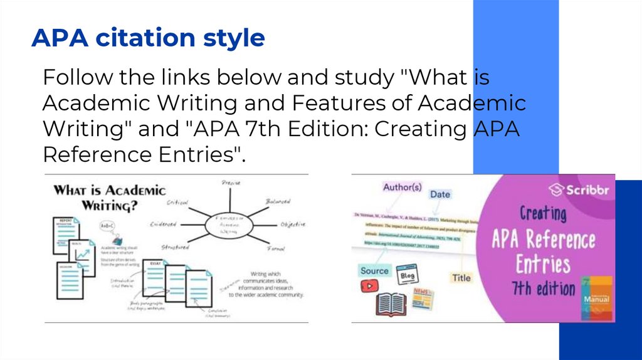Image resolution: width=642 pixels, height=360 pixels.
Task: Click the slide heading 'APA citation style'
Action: tap(148, 38)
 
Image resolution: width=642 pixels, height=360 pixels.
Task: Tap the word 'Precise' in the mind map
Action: tap(231, 183)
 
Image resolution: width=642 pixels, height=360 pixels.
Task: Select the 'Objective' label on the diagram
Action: tap(292, 224)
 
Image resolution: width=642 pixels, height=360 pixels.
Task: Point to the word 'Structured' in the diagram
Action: tap(174, 247)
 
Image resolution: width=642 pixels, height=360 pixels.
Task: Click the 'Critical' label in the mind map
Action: tap(178, 203)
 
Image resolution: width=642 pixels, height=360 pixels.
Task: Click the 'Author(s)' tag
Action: tap(403, 187)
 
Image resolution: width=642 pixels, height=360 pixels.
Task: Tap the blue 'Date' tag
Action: tap(440, 194)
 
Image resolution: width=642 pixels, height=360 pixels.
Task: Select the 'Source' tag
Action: tap(374, 271)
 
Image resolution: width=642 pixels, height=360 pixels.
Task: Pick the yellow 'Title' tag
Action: tap(461, 278)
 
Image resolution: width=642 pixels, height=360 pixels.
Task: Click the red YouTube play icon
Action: tap(369, 286)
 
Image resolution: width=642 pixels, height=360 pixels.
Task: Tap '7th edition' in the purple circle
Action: tap(544, 289)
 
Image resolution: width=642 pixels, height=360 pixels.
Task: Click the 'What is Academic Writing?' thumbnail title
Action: tap(110, 197)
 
